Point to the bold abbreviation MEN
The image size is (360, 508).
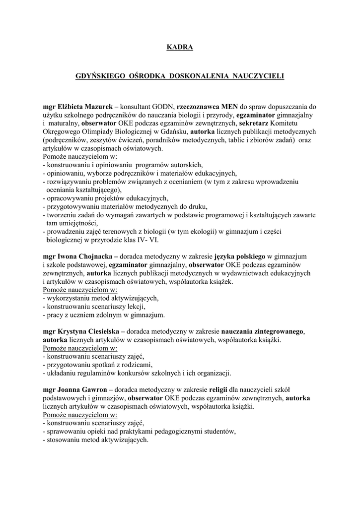click(x=229, y=107)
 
